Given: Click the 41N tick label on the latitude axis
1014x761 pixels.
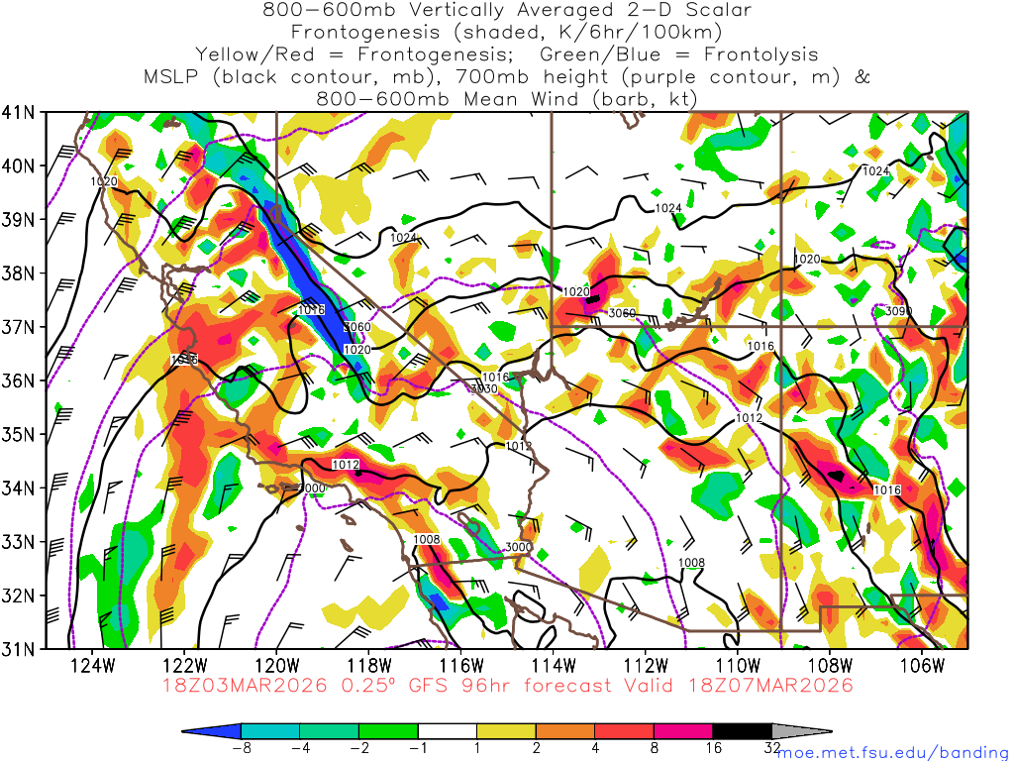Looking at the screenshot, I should click(x=20, y=112).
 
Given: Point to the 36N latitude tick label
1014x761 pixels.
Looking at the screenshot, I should click(x=20, y=380).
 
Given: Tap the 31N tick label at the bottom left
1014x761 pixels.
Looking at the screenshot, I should click(x=20, y=649).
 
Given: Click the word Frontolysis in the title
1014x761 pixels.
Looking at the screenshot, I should click(x=764, y=54).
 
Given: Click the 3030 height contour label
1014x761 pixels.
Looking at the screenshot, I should click(x=484, y=389).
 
